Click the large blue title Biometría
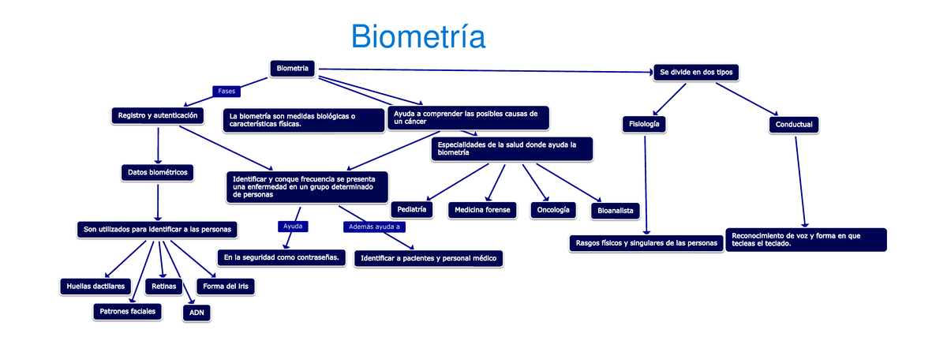click(417, 36)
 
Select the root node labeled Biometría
click(293, 69)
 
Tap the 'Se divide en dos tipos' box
click(696, 73)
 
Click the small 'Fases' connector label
click(226, 92)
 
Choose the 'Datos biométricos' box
click(157, 171)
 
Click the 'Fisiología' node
click(644, 124)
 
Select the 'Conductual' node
click(794, 125)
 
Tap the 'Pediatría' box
click(412, 209)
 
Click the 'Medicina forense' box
click(482, 210)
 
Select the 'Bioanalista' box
click(615, 210)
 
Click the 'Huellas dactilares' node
click(92, 285)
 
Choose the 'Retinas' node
click(163, 285)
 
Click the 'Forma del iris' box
click(226, 285)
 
